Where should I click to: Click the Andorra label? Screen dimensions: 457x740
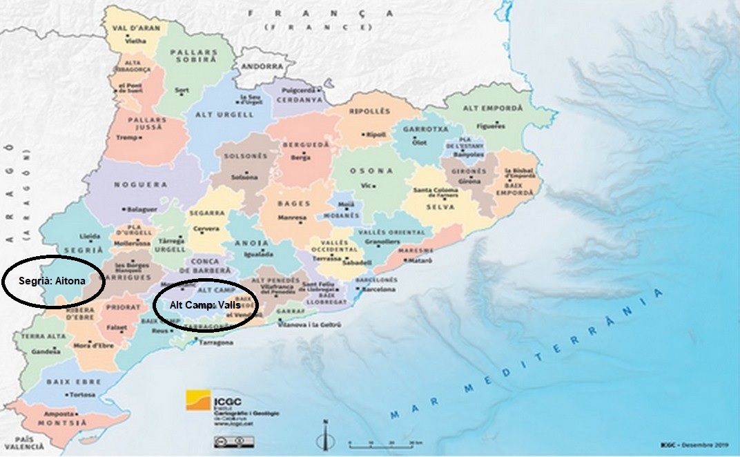(x=262, y=67)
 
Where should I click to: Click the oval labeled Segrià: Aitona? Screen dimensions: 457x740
(x=53, y=282)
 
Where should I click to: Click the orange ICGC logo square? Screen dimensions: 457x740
(x=199, y=401)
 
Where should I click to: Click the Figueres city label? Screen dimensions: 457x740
(x=494, y=126)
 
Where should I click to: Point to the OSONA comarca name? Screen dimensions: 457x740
(x=371, y=171)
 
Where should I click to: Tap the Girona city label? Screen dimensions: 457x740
(x=469, y=181)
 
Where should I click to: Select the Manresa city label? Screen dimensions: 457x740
(x=292, y=217)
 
